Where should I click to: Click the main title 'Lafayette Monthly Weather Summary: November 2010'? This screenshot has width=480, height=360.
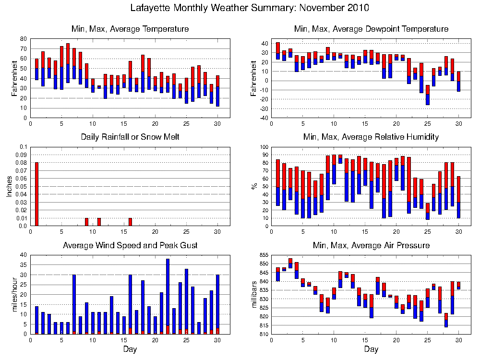pos(250,8)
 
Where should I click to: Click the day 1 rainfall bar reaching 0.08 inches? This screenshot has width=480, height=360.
pos(37,194)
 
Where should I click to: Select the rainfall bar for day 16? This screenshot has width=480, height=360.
pos(131,222)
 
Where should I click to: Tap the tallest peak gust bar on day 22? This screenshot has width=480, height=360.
pos(168,296)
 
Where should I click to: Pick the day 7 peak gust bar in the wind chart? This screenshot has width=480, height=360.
pos(74,304)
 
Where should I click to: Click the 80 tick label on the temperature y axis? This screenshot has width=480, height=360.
pos(24,39)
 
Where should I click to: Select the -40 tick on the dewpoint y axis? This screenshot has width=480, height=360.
pos(264,118)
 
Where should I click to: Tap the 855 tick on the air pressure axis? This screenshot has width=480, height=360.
pos(264,255)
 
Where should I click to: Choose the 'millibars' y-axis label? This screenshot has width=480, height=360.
pos(254,294)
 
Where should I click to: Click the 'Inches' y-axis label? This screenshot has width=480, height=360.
pos(10,186)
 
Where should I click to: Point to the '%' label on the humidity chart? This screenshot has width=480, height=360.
pos(254,186)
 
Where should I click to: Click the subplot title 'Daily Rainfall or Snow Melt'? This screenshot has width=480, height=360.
pos(130,137)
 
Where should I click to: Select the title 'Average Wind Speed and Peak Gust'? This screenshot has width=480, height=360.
pos(130,245)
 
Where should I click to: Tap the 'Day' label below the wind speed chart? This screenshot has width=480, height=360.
pos(130,349)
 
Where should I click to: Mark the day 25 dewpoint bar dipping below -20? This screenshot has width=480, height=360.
pos(427,95)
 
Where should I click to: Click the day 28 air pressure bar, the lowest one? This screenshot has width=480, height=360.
pos(446,320)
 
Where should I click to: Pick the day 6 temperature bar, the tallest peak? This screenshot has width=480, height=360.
pos(68,63)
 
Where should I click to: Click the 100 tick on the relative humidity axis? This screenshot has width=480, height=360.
pos(264,147)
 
